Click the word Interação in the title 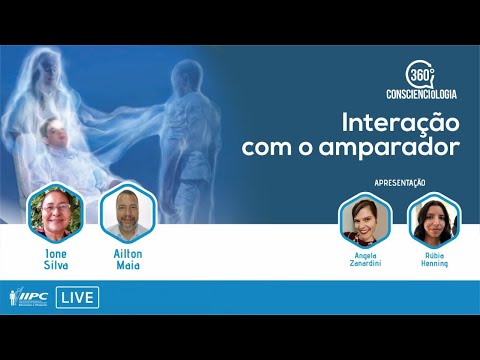click(399, 125)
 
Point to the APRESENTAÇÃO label click(399, 182)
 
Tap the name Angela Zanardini click(364, 260)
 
